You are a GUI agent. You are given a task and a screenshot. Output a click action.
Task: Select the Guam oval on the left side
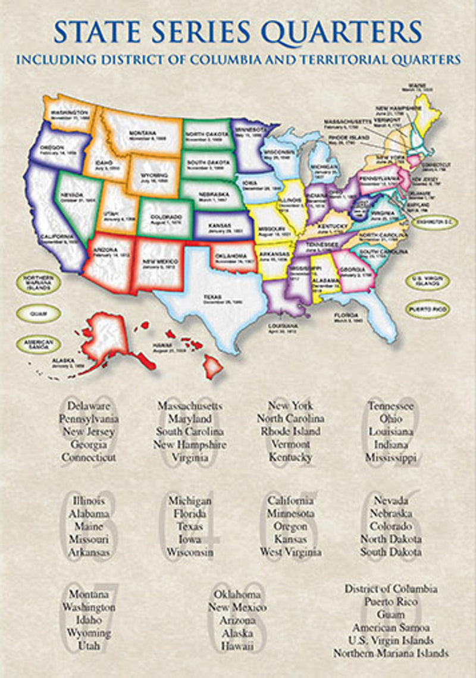(x=38, y=313)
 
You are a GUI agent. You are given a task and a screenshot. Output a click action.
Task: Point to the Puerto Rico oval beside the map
(x=427, y=309)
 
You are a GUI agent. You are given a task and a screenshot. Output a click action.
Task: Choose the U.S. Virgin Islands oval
(x=427, y=281)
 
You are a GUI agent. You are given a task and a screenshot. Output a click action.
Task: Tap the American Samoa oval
(x=38, y=344)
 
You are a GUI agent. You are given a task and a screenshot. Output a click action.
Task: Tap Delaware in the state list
(x=89, y=406)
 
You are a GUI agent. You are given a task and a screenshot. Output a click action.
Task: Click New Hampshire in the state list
(x=190, y=444)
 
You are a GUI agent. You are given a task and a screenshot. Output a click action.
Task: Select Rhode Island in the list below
(x=290, y=431)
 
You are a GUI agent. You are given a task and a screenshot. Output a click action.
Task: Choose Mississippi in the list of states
(x=391, y=457)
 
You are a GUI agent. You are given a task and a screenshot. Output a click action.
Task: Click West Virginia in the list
(x=290, y=552)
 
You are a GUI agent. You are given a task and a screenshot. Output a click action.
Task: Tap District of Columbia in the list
(x=391, y=588)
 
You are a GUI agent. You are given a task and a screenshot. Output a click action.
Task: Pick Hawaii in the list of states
(x=237, y=646)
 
